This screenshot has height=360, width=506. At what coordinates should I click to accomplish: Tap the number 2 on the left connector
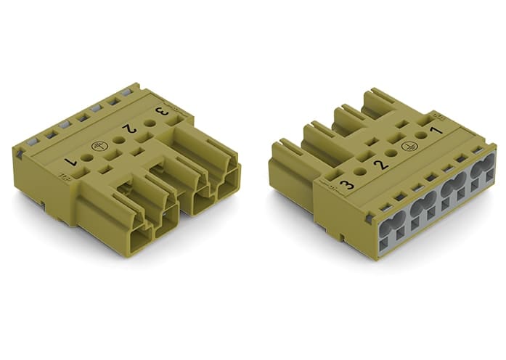[129, 129]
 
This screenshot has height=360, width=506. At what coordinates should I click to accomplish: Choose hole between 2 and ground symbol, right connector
[391, 152]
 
